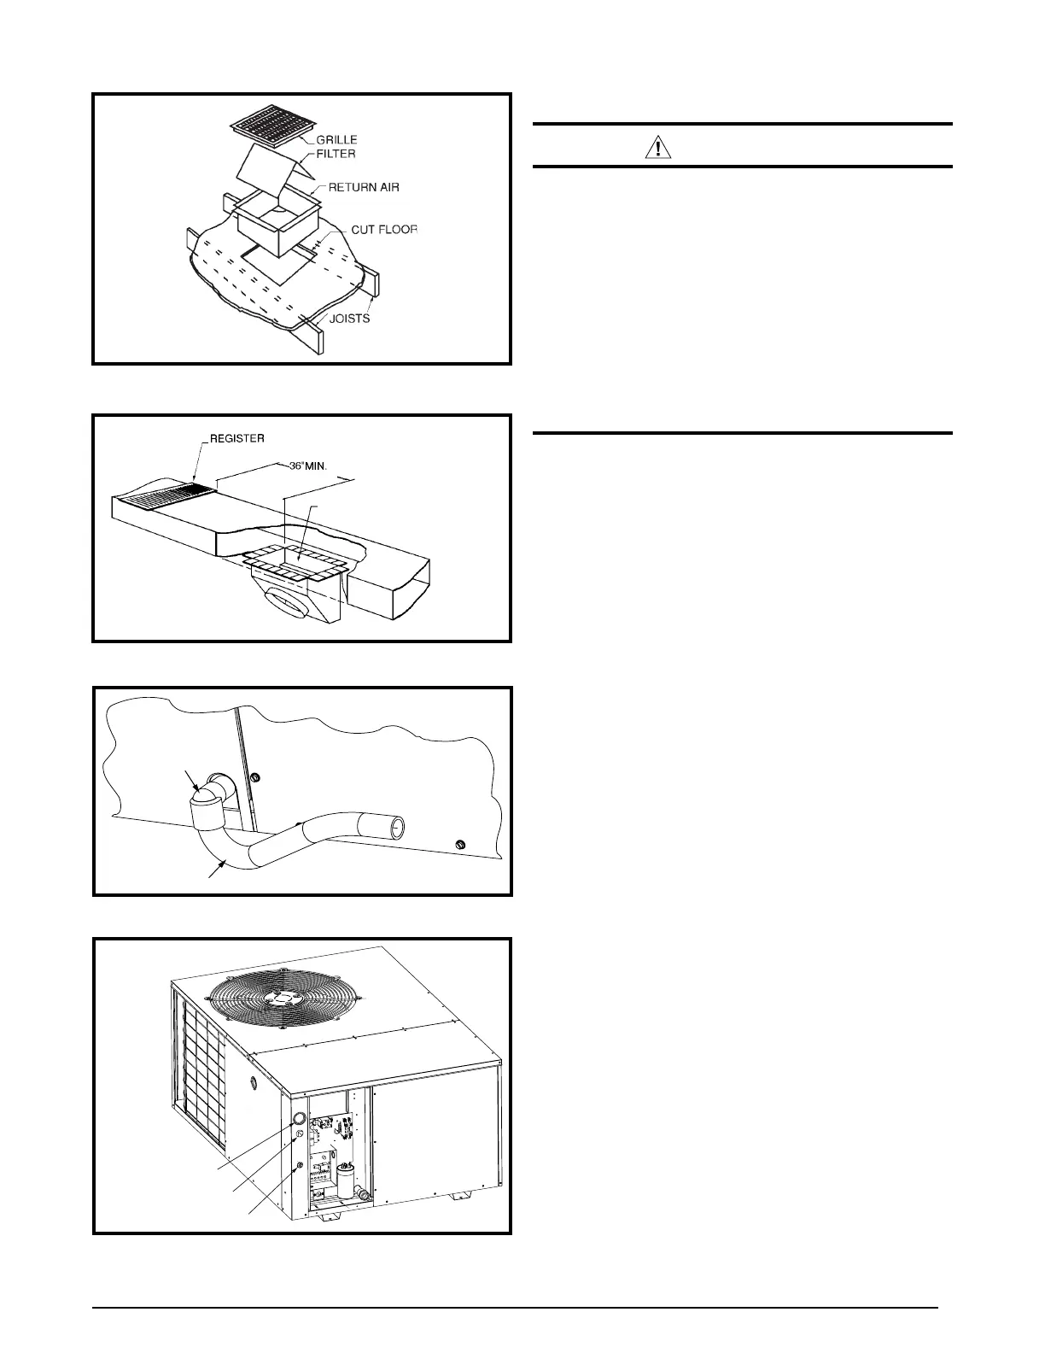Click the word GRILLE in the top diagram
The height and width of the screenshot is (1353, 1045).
337,139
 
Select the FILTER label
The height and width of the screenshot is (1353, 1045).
334,154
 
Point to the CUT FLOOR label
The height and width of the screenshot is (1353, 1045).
384,230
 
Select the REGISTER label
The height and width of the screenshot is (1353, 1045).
236,438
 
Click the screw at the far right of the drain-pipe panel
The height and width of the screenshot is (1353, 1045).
460,845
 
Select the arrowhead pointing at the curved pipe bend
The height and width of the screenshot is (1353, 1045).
224,863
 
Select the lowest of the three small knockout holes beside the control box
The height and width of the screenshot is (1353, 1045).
299,1167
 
